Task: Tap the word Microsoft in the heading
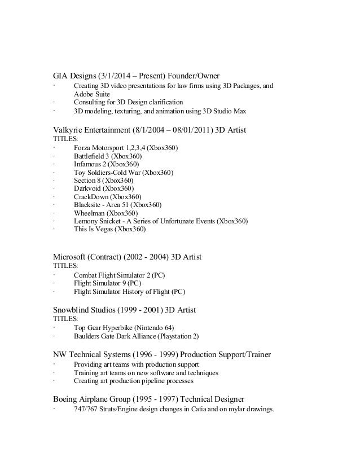pyautogui.click(x=72, y=257)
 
